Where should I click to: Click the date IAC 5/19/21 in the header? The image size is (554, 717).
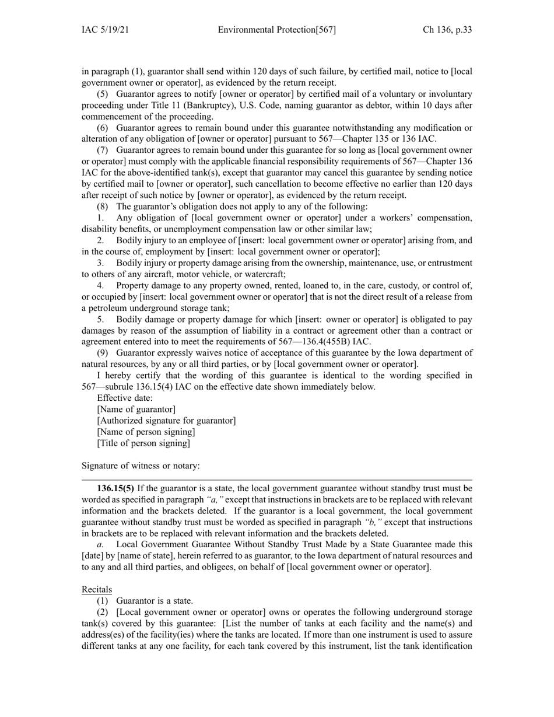coord(105,30)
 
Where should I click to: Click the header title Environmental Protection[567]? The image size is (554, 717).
coord(277,30)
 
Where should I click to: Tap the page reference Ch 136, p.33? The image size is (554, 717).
coord(447,30)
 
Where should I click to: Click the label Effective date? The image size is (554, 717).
coord(125,398)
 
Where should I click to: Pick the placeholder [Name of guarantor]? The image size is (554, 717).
coord(136,410)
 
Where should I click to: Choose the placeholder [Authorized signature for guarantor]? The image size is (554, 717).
coord(166,421)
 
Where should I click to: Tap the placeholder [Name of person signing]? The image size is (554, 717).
coord(146,432)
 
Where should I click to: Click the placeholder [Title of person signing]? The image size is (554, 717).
coord(143,443)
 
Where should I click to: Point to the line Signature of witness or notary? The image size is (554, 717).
coord(141,466)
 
